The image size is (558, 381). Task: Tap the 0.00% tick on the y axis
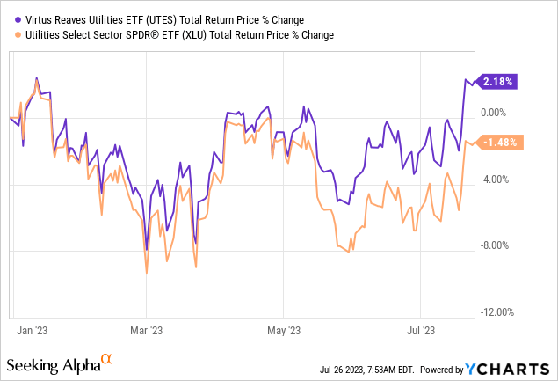(x=497, y=113)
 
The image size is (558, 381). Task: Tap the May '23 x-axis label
(x=283, y=331)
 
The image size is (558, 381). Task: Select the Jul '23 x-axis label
(x=419, y=331)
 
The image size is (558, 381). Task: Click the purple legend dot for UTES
(x=9, y=18)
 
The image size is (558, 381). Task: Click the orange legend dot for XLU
(x=9, y=34)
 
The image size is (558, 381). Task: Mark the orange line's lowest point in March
(x=146, y=273)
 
